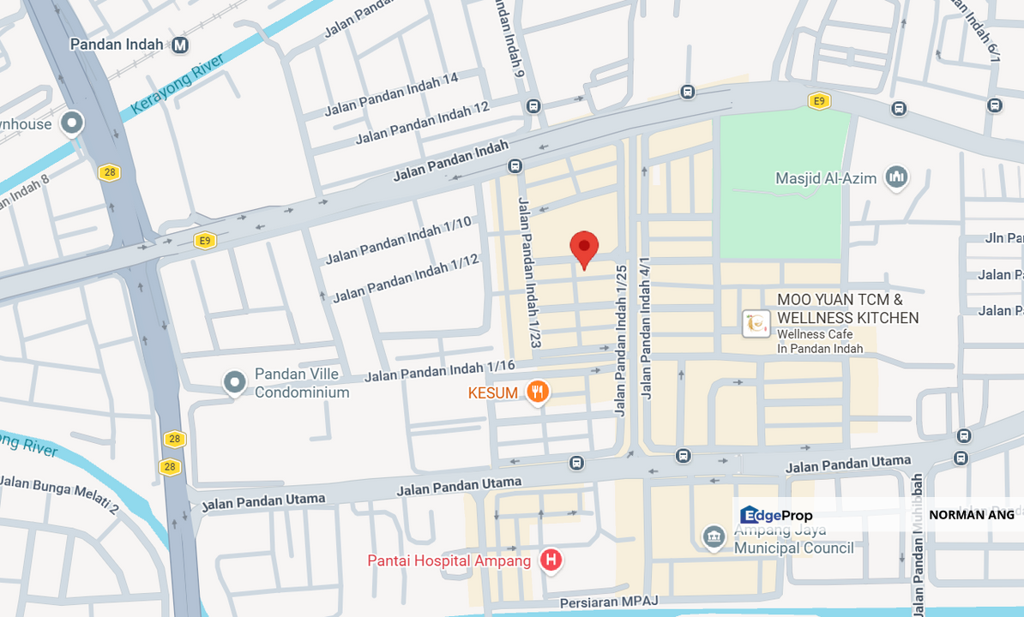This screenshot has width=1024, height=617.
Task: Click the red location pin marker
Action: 584,249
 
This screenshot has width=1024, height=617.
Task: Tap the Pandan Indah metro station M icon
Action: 180,45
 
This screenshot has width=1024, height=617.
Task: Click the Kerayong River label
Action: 178,84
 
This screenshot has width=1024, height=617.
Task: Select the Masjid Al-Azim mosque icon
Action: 897,177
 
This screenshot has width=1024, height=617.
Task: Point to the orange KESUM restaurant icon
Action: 538,392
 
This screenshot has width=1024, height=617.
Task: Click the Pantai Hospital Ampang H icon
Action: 551,560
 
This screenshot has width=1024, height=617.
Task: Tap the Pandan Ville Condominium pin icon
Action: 234,382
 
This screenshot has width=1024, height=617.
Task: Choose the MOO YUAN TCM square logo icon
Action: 756,323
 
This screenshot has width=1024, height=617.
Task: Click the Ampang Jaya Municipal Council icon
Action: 714,538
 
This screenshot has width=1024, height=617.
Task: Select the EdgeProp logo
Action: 776,515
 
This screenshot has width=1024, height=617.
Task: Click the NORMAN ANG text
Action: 971,515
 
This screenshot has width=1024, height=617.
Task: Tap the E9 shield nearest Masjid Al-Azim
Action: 819,101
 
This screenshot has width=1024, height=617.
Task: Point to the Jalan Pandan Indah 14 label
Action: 391,94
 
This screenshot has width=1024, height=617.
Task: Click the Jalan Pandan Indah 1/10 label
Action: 398,240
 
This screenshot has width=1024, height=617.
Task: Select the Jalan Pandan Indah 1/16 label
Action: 439,371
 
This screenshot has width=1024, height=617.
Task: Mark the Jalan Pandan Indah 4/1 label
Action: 645,328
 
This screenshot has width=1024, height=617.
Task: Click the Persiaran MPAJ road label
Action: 609,602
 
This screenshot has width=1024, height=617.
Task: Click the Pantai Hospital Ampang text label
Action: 449,560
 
